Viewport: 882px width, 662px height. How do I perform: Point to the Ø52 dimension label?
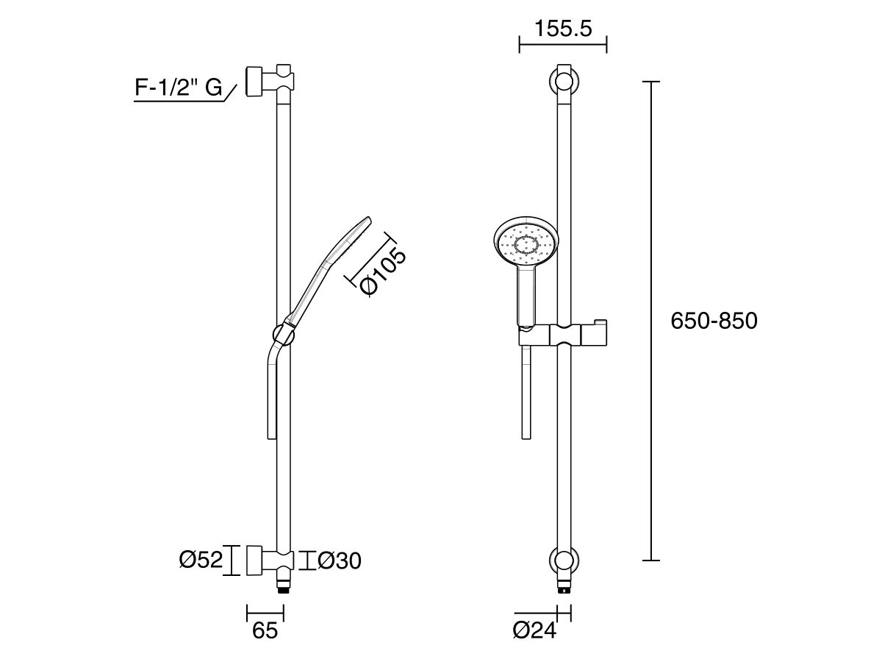tap(200, 560)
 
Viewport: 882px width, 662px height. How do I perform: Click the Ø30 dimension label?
tap(339, 561)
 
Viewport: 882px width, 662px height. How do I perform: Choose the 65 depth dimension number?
tap(265, 631)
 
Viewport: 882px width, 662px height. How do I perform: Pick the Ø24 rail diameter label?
tap(534, 631)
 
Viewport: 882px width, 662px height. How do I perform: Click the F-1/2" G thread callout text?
tap(179, 88)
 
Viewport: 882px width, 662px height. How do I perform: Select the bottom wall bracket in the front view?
tap(563, 560)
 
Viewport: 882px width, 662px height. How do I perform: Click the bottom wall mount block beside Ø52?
tap(255, 560)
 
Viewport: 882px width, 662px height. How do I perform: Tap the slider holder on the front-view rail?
tap(563, 335)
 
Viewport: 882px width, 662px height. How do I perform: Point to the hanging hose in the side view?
tap(271, 397)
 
